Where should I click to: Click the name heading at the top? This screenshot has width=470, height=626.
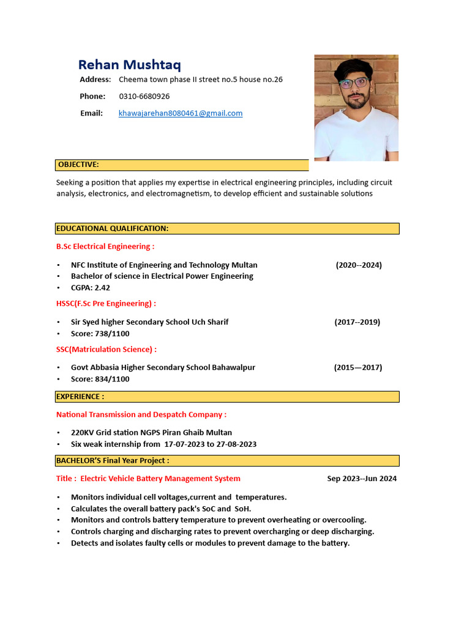pyautogui.click(x=129, y=65)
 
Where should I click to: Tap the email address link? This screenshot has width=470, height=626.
pyautogui.click(x=181, y=113)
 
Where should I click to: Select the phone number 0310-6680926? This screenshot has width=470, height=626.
pyautogui.click(x=144, y=96)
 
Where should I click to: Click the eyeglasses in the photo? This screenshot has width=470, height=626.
pyautogui.click(x=353, y=83)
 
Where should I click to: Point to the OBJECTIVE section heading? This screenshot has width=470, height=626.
pyautogui.click(x=78, y=164)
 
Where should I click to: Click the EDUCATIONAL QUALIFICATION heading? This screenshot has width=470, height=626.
pyautogui.click(x=112, y=229)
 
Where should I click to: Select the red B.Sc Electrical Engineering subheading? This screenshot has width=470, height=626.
pyautogui.click(x=105, y=246)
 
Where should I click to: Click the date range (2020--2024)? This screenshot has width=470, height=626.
pyautogui.click(x=359, y=265)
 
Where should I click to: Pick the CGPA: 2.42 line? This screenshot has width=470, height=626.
pyautogui.click(x=91, y=287)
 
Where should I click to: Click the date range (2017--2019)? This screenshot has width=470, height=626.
pyautogui.click(x=357, y=322)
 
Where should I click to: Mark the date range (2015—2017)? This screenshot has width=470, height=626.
pyautogui.click(x=358, y=367)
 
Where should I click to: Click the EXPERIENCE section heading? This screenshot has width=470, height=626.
pyautogui.click(x=80, y=397)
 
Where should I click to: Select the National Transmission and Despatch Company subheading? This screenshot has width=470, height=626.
pyautogui.click(x=141, y=414)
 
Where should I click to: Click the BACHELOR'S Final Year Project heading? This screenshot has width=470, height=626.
pyautogui.click(x=113, y=460)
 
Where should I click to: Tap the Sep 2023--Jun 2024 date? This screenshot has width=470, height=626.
pyautogui.click(x=362, y=479)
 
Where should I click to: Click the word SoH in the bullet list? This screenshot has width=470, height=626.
pyautogui.click(x=242, y=509)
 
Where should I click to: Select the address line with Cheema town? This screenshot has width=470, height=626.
pyautogui.click(x=201, y=79)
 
